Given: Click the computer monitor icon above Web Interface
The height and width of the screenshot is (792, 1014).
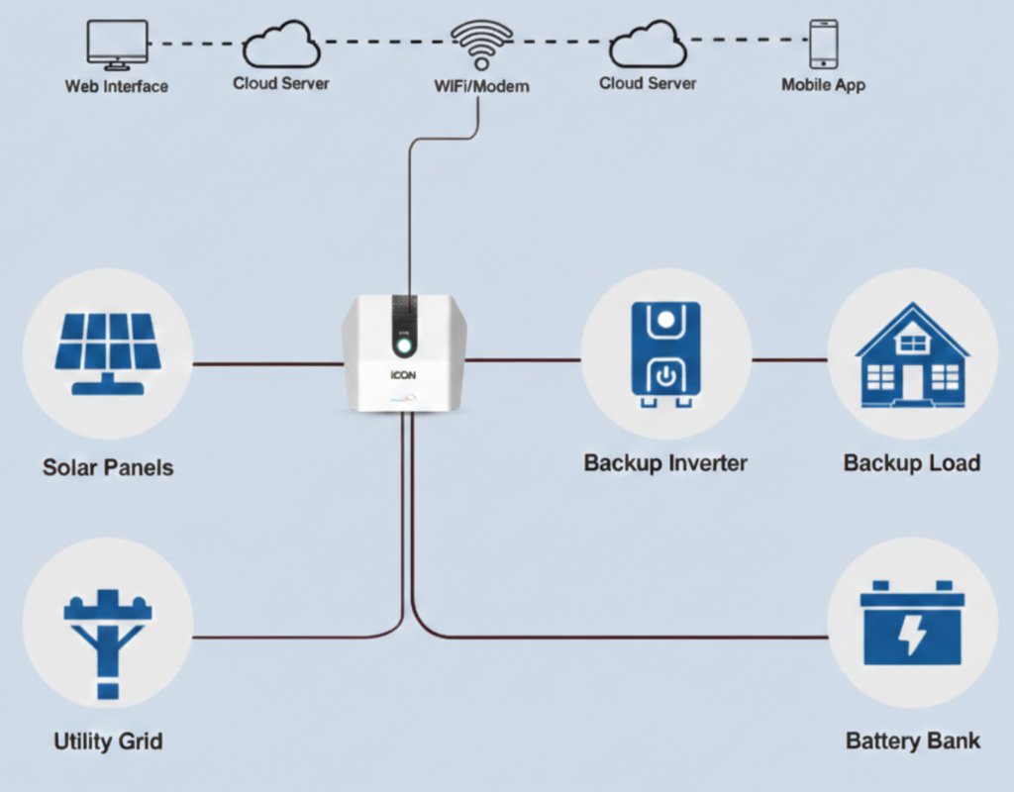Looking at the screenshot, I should (x=117, y=44).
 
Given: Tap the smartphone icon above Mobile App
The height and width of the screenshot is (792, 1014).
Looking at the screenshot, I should (x=823, y=44).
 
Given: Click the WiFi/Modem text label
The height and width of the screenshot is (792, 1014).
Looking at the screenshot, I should (x=481, y=86).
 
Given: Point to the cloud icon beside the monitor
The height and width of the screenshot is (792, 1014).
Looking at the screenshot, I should (x=280, y=45).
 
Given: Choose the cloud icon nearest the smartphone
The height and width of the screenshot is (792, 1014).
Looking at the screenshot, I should (x=648, y=45).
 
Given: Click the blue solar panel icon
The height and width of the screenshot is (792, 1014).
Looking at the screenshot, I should (x=108, y=346).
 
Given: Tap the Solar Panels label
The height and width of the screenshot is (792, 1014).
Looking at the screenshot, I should (x=108, y=466).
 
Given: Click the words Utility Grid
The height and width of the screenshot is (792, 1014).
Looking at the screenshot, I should (x=108, y=741).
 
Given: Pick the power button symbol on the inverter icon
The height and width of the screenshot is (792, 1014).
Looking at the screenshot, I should (x=666, y=375).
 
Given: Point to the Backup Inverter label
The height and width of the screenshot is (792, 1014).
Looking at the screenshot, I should (x=665, y=462).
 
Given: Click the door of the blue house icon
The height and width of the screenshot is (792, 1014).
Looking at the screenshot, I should (x=911, y=382).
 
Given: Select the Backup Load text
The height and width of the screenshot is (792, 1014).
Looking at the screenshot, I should (x=912, y=462).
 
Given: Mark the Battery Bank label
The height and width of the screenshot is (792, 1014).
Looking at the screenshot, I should (x=913, y=741).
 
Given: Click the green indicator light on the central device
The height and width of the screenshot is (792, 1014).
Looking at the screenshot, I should (x=404, y=346).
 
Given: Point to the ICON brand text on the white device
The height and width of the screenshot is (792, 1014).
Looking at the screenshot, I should (x=403, y=377).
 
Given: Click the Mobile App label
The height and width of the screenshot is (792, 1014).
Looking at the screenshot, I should (x=823, y=85).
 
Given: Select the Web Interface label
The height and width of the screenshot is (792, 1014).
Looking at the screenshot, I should (x=117, y=86).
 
